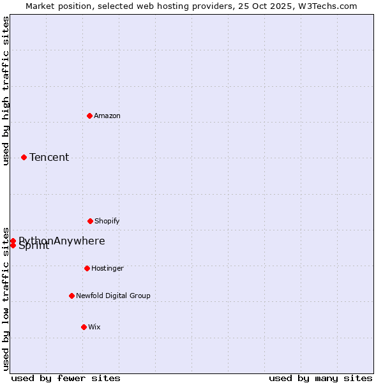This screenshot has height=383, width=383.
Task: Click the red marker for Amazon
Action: [x=89, y=116]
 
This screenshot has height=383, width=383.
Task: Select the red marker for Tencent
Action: [x=24, y=157]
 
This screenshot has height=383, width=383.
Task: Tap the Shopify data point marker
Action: [x=90, y=221]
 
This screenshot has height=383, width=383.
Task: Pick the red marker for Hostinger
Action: [x=87, y=268]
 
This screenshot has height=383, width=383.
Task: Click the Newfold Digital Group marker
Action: [x=71, y=296]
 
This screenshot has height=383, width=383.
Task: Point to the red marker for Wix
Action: [x=84, y=327]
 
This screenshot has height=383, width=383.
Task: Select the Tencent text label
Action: [x=49, y=157]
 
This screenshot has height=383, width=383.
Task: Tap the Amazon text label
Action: [x=107, y=116]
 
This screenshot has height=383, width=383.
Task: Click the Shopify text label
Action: [x=107, y=221]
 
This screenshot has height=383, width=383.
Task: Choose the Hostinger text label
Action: [x=107, y=268]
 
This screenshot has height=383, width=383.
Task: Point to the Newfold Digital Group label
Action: [x=113, y=296]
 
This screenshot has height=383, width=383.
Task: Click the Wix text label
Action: [x=94, y=327]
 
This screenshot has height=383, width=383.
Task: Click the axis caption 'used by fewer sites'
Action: [x=66, y=378]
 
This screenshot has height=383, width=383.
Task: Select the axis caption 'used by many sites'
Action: [x=320, y=378]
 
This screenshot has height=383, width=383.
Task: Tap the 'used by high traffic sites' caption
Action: [x=6, y=91]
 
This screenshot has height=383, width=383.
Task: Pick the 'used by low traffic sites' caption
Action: [x=6, y=298]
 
